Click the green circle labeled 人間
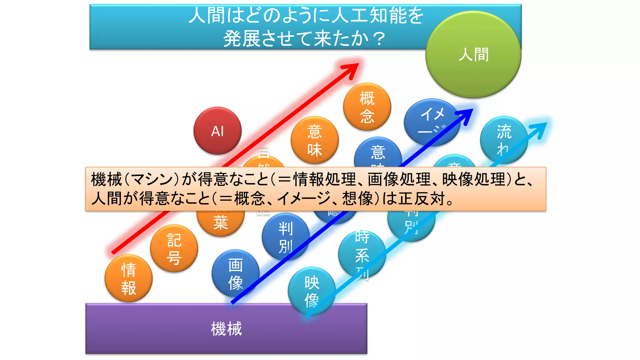tap(473, 55)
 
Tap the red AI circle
tap(217, 131)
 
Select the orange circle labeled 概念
tap(367, 107)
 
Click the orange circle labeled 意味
tap(314, 140)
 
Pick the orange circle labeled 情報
tap(128, 278)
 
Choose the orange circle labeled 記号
tap(174, 249)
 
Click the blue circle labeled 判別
tap(285, 237)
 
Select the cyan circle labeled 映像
tap(312, 291)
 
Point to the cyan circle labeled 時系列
tap(362, 255)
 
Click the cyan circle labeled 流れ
tap(504, 140)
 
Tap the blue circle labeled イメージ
tap(432, 122)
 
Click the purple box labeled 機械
tap(226, 328)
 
